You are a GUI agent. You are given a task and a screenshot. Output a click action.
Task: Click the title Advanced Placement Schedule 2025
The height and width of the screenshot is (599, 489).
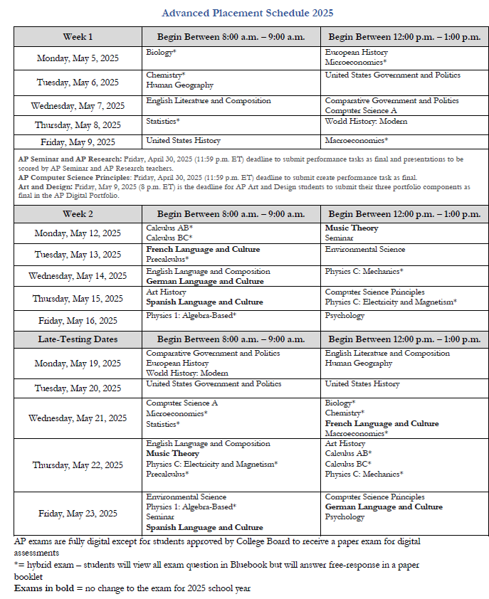pyautogui.click(x=247, y=13)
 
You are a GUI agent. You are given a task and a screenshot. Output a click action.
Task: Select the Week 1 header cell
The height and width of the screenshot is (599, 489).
pyautogui.click(x=78, y=36)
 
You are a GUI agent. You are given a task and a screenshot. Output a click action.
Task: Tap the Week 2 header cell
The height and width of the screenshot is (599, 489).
pyautogui.click(x=78, y=213)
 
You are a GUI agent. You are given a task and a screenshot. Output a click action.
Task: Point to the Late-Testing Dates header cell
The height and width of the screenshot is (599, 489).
pyautogui.click(x=78, y=339)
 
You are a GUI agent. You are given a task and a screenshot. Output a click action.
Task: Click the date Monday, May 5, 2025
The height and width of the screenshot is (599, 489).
pyautogui.click(x=78, y=58)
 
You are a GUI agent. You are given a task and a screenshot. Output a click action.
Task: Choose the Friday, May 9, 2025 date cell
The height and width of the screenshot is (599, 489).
pyautogui.click(x=78, y=142)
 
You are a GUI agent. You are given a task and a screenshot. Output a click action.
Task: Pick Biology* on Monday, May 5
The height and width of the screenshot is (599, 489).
pyautogui.click(x=161, y=53)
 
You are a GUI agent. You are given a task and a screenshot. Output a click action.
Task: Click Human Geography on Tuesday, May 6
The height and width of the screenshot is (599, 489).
pyautogui.click(x=179, y=85)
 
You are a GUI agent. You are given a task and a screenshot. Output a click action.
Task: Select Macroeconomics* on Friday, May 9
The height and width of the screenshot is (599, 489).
pyautogui.click(x=357, y=141)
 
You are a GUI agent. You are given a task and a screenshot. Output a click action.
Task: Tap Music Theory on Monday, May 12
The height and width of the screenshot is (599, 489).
pyautogui.click(x=352, y=228)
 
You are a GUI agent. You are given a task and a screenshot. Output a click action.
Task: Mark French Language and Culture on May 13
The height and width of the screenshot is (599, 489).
pyautogui.click(x=203, y=250)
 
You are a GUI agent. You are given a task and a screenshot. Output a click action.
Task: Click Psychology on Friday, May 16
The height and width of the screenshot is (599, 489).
pyautogui.click(x=345, y=315)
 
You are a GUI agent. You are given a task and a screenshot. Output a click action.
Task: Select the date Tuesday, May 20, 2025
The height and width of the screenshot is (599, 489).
pyautogui.click(x=78, y=388)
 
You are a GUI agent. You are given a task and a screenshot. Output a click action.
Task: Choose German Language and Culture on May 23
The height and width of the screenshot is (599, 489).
pyautogui.click(x=384, y=507)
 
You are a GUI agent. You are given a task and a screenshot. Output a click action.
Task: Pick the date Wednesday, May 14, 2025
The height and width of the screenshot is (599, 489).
pyautogui.click(x=78, y=276)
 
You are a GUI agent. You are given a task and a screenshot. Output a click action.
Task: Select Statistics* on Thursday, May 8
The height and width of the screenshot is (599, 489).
pyautogui.click(x=162, y=121)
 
